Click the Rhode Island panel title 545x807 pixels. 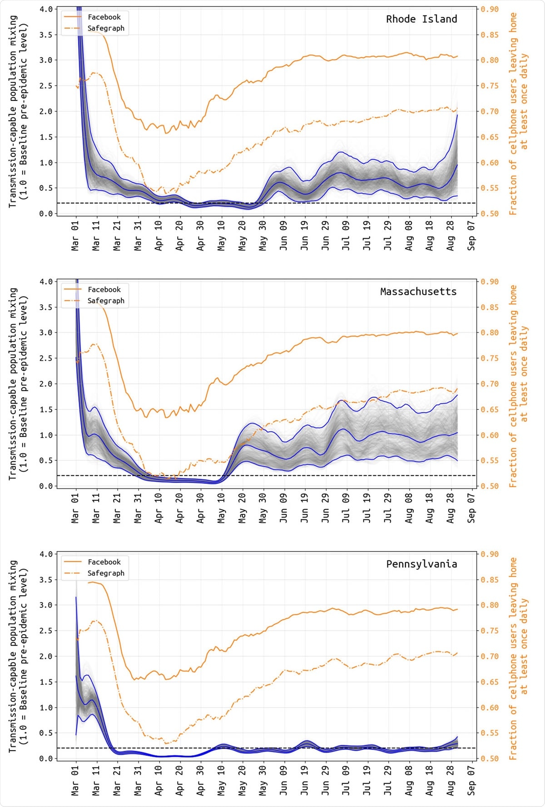click(x=421, y=19)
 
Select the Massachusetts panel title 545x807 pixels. click(x=418, y=292)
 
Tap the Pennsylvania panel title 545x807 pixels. click(x=421, y=564)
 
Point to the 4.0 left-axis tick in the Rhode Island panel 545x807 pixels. click(x=46, y=9)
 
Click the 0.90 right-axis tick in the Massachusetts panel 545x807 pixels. click(x=490, y=282)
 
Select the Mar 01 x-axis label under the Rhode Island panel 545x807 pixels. click(x=75, y=235)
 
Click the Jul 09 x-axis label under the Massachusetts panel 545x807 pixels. click(x=346, y=508)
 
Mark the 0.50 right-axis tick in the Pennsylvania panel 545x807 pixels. click(x=490, y=758)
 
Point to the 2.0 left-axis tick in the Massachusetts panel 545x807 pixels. click(x=46, y=384)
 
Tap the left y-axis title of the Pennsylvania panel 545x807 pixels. click(x=18, y=656)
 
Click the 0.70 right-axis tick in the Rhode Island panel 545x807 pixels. click(x=490, y=111)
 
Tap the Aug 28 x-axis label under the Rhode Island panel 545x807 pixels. click(x=451, y=235)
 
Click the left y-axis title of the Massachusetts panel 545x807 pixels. click(x=18, y=384)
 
